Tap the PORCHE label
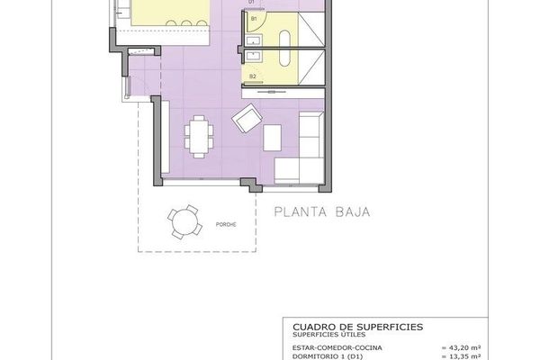coord(226,225)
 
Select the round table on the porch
coord(185,220)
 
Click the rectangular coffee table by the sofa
coord(274,136)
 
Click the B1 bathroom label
coord(254,18)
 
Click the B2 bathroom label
coord(254,76)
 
